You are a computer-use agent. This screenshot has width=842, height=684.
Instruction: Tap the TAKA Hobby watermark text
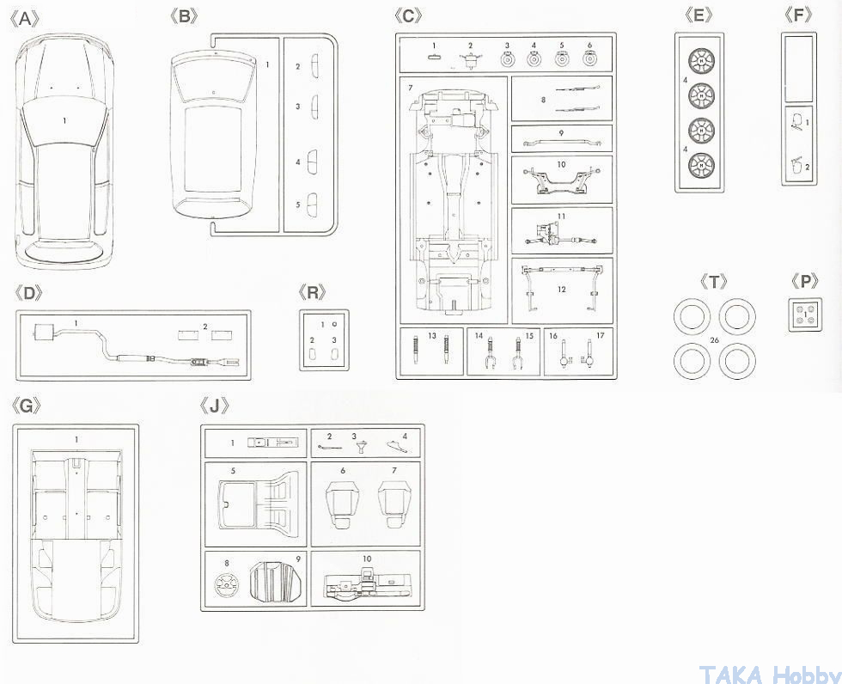769,673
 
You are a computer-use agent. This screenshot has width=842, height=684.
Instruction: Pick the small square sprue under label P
804,314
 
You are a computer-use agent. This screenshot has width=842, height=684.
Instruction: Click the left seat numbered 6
342,504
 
